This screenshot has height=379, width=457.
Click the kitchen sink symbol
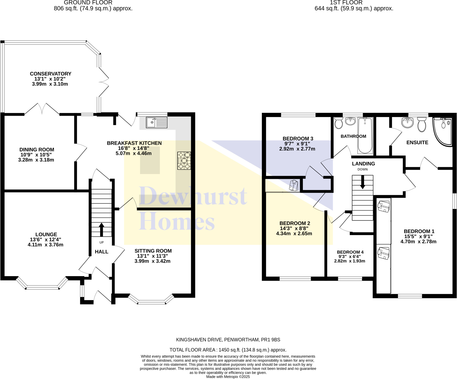click(156, 122)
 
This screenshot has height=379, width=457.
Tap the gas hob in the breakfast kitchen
click(184, 160)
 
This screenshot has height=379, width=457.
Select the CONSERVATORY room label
click(50, 74)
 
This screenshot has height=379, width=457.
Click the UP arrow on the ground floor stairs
click(101, 229)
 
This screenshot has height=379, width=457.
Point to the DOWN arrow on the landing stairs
click(362, 182)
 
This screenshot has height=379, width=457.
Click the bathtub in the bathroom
click(365, 135)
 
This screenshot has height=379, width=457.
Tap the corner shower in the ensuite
click(443, 131)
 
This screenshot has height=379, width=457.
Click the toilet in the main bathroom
click(339, 123)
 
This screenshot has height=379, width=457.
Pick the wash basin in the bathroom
click(350, 121)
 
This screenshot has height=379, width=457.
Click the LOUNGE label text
click(46, 234)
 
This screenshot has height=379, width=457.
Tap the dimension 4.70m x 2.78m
click(418, 242)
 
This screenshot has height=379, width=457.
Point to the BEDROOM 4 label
click(350, 252)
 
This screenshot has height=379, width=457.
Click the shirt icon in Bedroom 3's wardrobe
click(294, 185)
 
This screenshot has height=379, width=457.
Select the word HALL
click(101, 252)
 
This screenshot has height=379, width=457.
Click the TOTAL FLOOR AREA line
click(228, 350)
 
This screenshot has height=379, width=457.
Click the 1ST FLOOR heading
click(346, 3)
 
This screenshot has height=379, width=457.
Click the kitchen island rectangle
click(150, 160)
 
